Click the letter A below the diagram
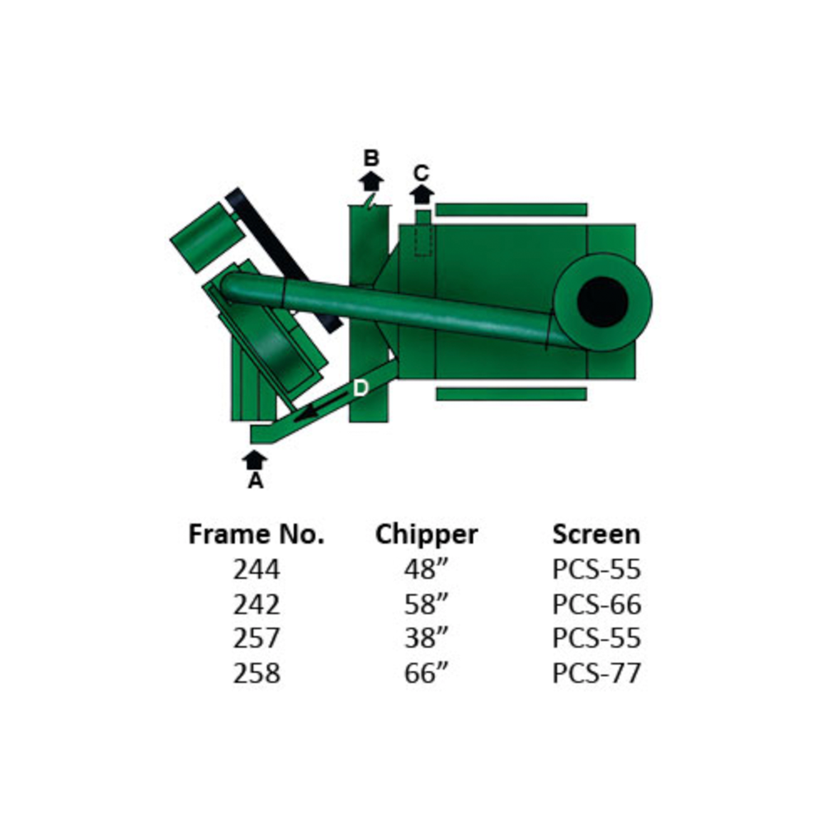[255, 480]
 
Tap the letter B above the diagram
[371, 158]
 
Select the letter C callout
[421, 173]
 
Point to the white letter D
[361, 388]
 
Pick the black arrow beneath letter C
[422, 194]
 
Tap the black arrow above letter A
[255, 460]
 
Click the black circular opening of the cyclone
[603, 302]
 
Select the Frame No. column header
[256, 534]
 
